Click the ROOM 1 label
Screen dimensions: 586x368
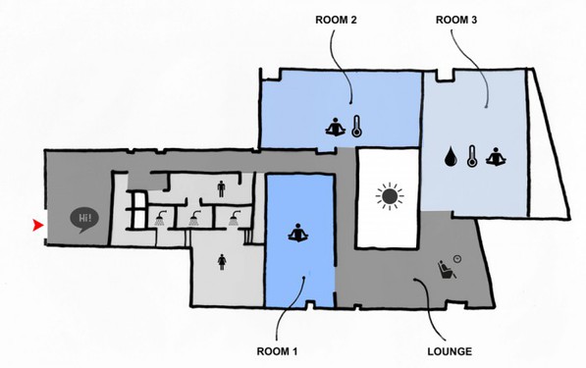coord(277,351)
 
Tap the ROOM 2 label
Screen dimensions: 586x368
coord(336,20)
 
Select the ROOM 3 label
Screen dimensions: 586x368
coord(456,20)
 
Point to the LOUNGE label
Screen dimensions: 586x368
coord(450,351)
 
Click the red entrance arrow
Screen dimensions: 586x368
coord(38,226)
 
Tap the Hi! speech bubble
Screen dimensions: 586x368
coord(84,220)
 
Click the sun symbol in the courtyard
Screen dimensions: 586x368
coord(390,196)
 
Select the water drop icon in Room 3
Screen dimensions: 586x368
coord(451,156)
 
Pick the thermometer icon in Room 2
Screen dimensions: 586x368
coord(356,127)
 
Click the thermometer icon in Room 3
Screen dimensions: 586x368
coord(472,156)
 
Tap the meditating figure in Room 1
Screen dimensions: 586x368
coord(297,234)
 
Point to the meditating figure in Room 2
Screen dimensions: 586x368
coord(336,127)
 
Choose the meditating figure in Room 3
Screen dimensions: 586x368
coord(496,157)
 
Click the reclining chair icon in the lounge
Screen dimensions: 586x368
coord(447,269)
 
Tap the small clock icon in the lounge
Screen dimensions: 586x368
coord(457,258)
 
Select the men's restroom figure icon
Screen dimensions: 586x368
coord(221,189)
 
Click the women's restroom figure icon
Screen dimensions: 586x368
coord(222,262)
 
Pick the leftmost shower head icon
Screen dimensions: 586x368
coord(161,219)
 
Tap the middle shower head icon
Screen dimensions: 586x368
coord(194,219)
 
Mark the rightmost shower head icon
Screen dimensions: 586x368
coord(235,219)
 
